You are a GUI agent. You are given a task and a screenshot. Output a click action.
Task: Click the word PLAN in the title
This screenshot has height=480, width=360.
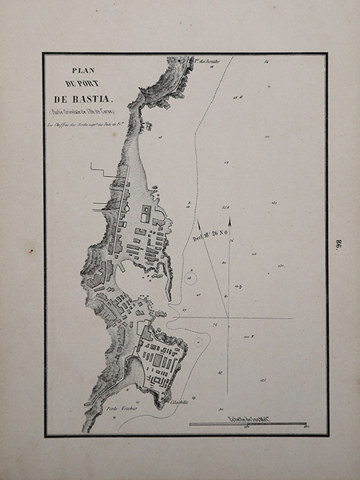pyautogui.click(x=83, y=69)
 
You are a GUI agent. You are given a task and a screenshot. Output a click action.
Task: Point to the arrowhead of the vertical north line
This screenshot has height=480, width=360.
pyautogui.click(x=229, y=219)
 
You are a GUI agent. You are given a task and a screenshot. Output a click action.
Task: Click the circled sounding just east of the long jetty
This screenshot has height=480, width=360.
pyautogui.click(x=192, y=277)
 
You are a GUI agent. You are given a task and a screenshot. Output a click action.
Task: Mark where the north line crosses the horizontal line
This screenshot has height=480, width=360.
pyautogui.click(x=229, y=318)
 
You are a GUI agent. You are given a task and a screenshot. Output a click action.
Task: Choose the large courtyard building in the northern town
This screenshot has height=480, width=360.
pyautogui.click(x=146, y=214)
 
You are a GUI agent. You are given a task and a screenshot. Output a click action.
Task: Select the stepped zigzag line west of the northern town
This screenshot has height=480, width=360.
pyautogui.click(x=102, y=169)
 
